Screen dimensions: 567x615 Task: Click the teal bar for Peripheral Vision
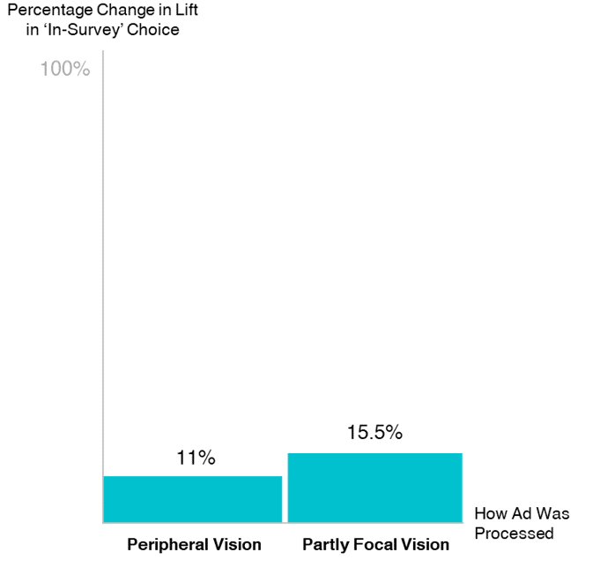pyautogui.click(x=192, y=499)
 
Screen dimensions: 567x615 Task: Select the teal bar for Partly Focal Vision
pyautogui.click(x=374, y=488)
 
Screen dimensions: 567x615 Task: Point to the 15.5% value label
pyautogui.click(x=374, y=433)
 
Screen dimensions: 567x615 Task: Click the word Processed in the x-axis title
pyautogui.click(x=513, y=533)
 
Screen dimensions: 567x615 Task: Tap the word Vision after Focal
pyautogui.click(x=426, y=544)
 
